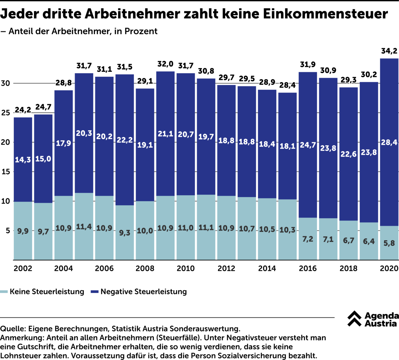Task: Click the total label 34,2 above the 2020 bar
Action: tap(389, 51)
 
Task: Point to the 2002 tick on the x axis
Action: tap(23, 268)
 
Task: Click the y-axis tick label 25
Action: tap(6, 113)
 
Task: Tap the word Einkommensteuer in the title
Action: tap(325, 14)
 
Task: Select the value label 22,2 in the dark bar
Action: tap(125, 140)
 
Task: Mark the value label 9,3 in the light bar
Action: tap(125, 233)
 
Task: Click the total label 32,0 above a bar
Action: tap(165, 64)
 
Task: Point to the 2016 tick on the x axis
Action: tap(308, 268)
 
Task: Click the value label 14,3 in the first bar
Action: tap(23, 160)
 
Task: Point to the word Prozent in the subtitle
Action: tap(141, 31)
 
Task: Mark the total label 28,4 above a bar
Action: tap(288, 85)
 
